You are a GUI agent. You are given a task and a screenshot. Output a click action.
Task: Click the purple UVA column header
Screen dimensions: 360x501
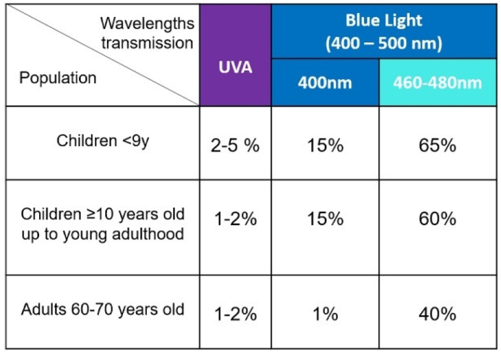pyautogui.click(x=235, y=68)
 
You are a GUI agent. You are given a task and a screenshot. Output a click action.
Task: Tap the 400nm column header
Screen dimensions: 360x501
pyautogui.click(x=325, y=83)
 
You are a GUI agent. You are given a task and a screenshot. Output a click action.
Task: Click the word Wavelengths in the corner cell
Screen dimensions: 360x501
pyautogui.click(x=147, y=23)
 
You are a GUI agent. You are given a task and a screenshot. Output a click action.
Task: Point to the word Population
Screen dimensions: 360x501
pyautogui.click(x=58, y=78)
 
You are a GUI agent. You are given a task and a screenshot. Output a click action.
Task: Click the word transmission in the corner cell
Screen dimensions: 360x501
pyautogui.click(x=147, y=43)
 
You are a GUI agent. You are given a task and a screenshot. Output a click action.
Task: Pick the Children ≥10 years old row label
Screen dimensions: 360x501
pyautogui.click(x=103, y=215)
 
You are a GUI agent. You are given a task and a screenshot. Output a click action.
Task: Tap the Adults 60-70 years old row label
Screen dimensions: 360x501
pyautogui.click(x=103, y=309)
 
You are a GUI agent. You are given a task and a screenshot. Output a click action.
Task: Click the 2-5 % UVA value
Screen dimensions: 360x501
pyautogui.click(x=235, y=146)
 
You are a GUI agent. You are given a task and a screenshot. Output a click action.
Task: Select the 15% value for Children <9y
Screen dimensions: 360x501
pyautogui.click(x=325, y=146)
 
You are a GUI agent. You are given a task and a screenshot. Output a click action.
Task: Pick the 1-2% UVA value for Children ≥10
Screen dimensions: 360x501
pyautogui.click(x=235, y=220)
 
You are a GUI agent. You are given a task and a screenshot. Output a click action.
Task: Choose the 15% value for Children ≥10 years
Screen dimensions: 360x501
pyautogui.click(x=325, y=220)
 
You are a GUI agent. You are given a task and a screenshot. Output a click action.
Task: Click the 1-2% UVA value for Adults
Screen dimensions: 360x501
pyautogui.click(x=235, y=314)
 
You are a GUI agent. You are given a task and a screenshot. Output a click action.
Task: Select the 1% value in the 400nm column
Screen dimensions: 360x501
pyautogui.click(x=325, y=314)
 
